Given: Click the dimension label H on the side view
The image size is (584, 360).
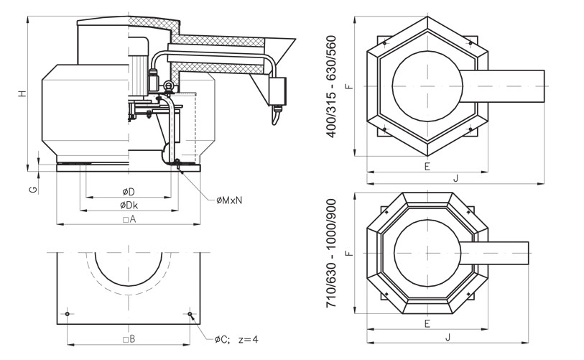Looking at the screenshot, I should (23, 93).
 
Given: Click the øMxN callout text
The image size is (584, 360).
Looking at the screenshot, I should (229, 200).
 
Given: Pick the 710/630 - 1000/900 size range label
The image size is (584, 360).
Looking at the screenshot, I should (332, 254).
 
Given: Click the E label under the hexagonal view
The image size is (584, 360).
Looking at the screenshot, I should (427, 166).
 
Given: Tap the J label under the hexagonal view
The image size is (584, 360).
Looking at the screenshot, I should (455, 178).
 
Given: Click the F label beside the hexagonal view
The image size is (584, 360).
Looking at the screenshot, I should (348, 86).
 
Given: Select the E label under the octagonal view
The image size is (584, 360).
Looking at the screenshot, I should (427, 323).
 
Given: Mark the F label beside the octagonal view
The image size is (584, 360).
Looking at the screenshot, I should (348, 253).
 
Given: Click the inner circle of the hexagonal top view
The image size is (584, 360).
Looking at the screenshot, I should (427, 86).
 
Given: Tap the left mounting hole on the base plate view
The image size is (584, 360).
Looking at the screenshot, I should (67, 314).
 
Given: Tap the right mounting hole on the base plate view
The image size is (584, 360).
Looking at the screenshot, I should (190, 314).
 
